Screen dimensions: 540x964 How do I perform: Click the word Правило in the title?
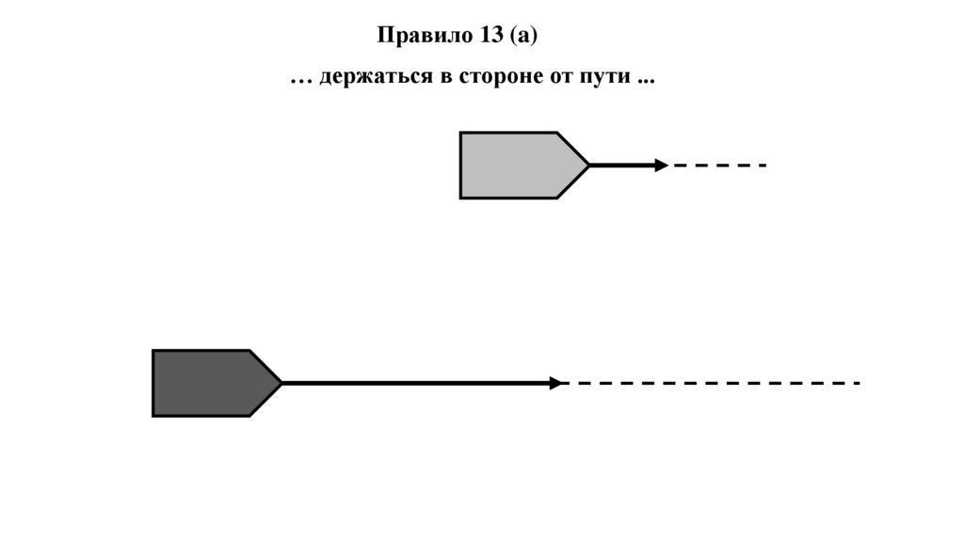pos(416,36)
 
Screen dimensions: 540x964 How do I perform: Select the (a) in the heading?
pos(522,36)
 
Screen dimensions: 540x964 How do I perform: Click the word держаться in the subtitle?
pos(374,78)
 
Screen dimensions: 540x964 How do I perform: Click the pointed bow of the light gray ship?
pos(585,166)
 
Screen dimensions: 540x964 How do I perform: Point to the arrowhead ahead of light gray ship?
pos(662,166)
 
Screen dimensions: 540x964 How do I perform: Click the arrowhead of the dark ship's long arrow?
pos(556,383)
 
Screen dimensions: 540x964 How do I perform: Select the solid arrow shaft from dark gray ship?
pos(414,383)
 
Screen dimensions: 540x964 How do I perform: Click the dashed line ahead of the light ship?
pos(720,166)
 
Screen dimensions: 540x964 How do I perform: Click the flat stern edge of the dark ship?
pos(153,383)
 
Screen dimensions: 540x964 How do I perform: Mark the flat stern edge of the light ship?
pos(461,166)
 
